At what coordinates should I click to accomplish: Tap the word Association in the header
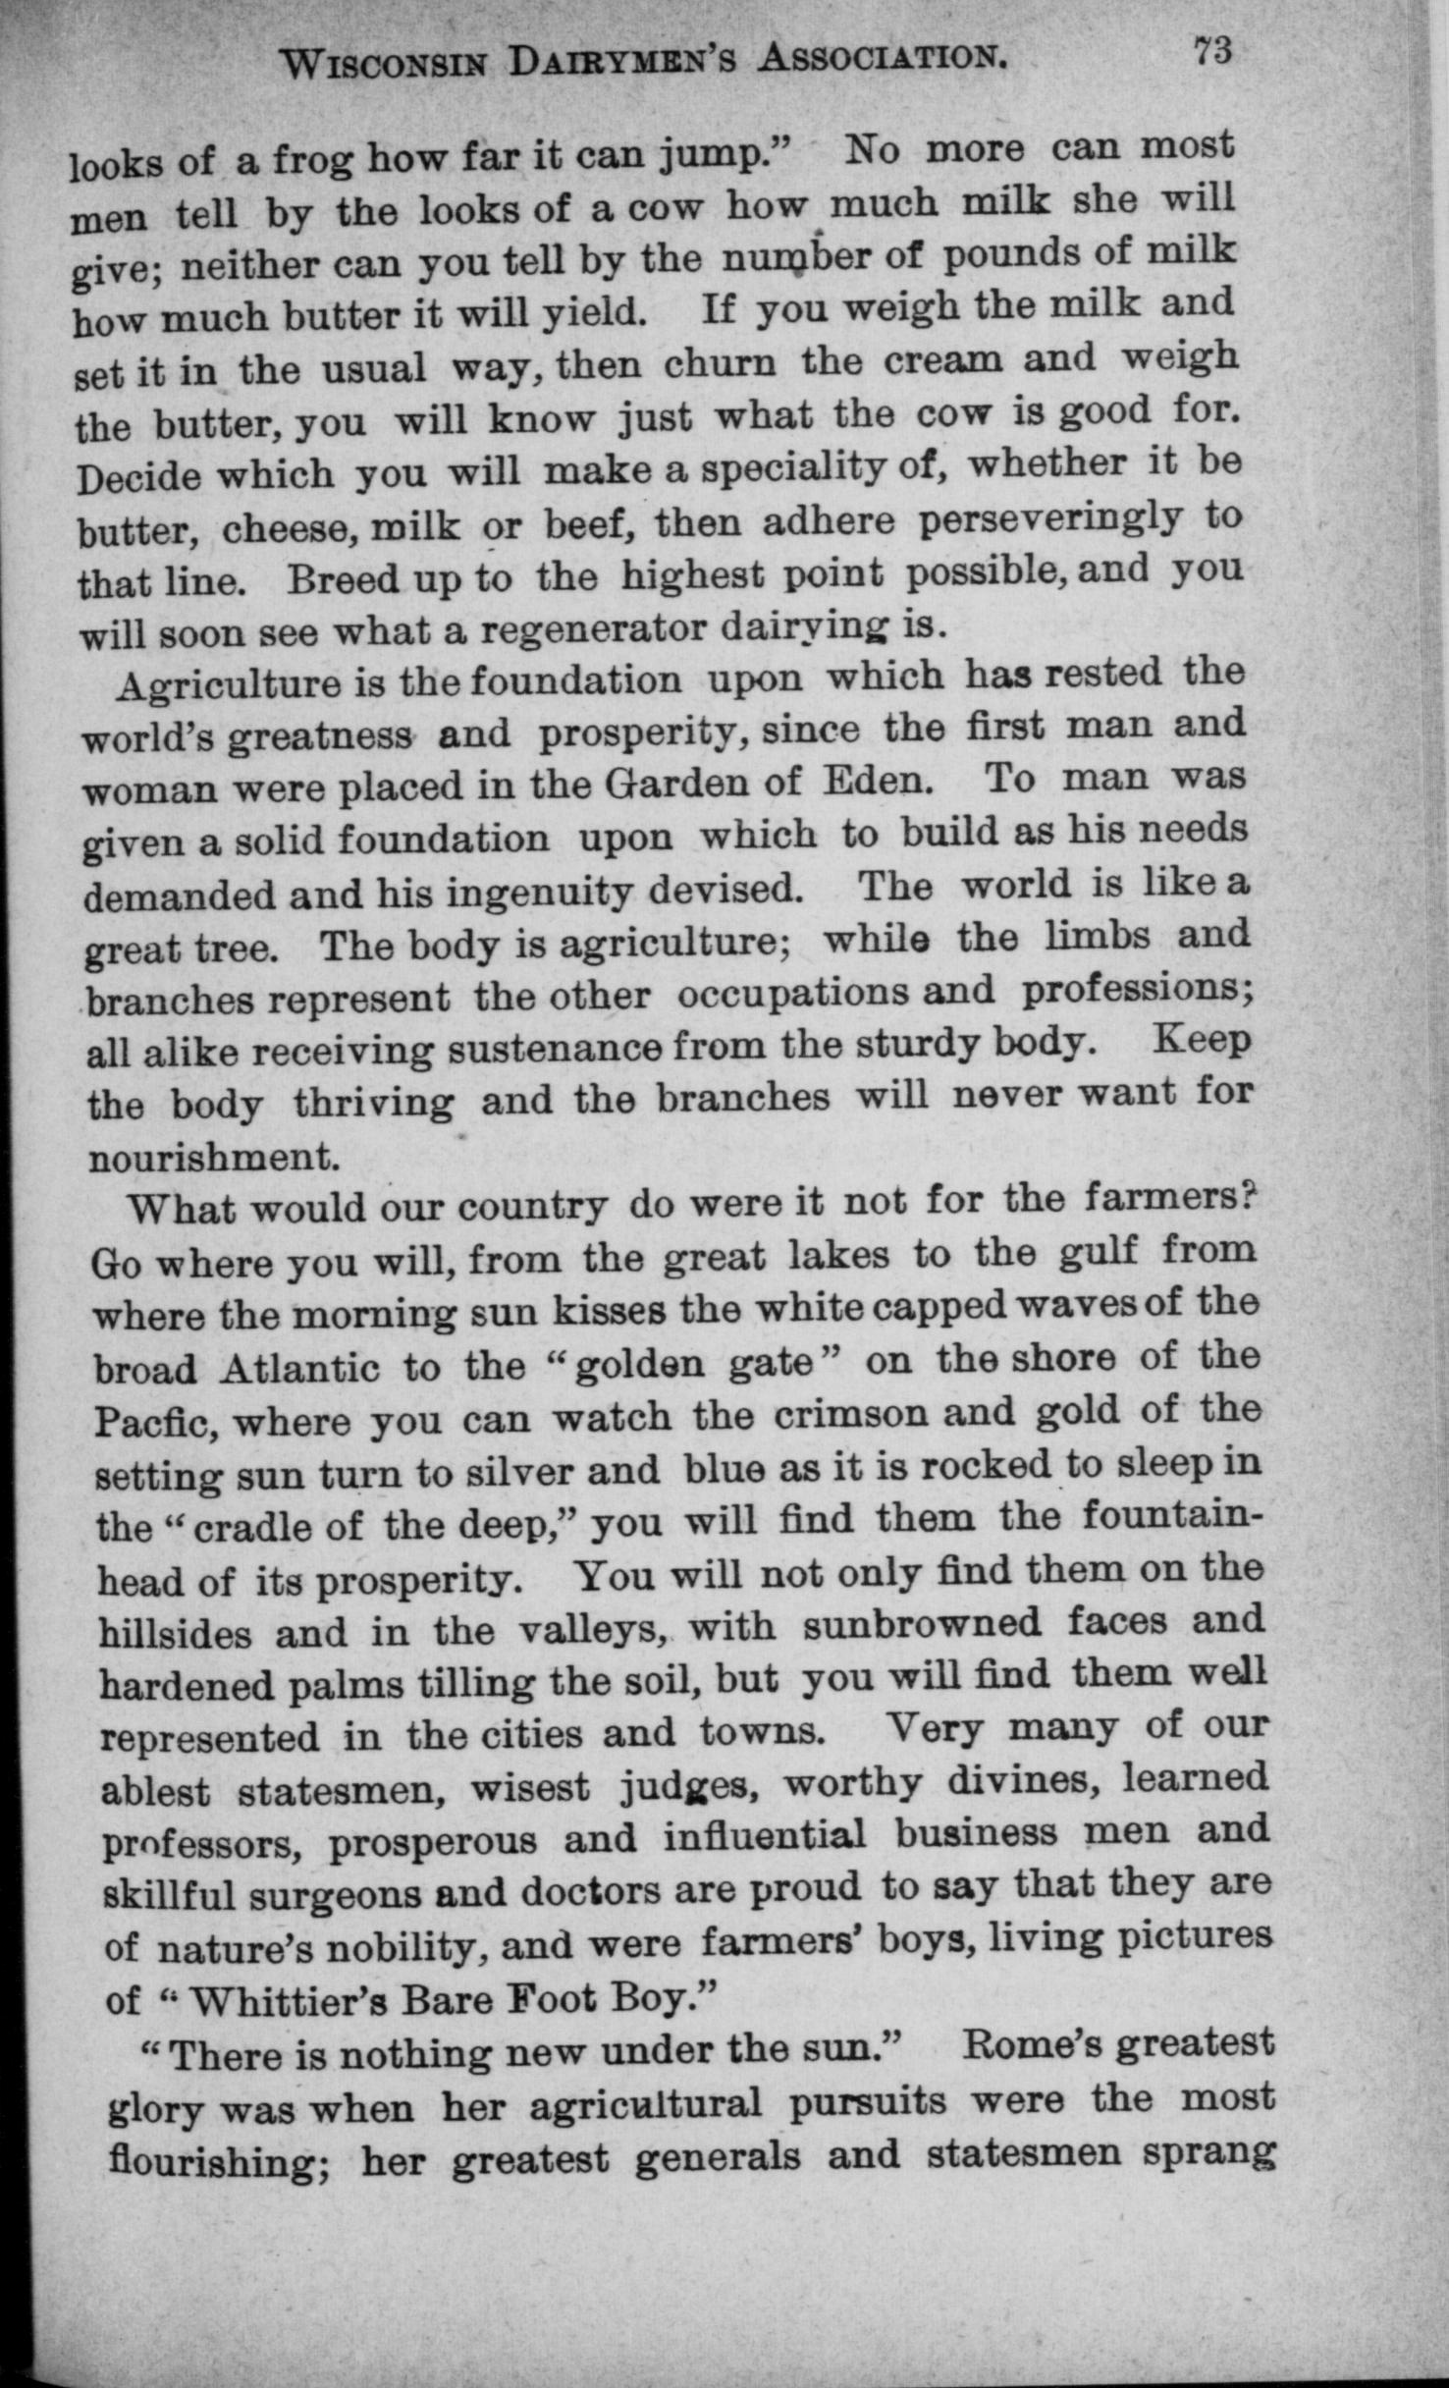(884, 61)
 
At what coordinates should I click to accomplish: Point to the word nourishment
(214, 1158)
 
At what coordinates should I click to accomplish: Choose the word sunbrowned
(922, 1623)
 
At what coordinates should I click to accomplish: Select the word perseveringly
(1050, 518)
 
